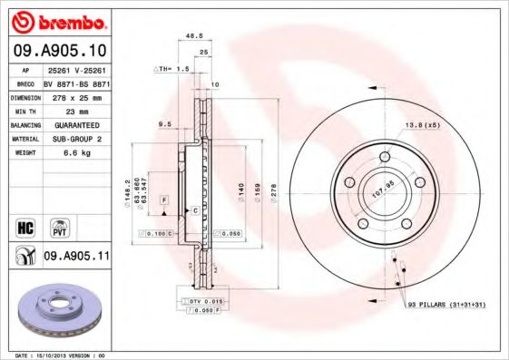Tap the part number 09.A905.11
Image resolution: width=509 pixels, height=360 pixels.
tap(76, 257)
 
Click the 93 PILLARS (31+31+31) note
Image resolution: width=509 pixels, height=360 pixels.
tap(446, 305)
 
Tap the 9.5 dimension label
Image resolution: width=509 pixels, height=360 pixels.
tap(164, 123)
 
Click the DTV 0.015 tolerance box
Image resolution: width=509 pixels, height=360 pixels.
tap(206, 300)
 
